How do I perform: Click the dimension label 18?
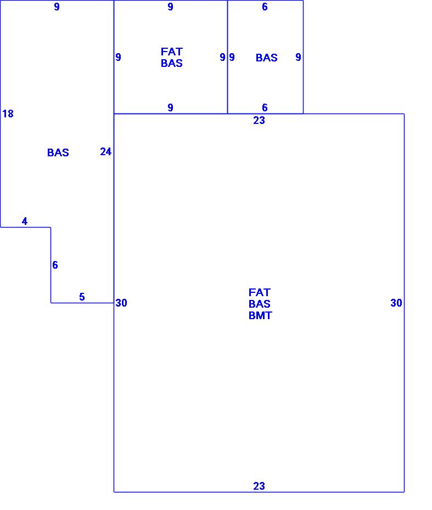[x=8, y=114]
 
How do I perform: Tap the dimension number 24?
[x=106, y=152]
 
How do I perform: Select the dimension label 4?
[x=25, y=222]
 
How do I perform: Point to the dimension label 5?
[x=82, y=297]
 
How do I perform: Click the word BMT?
[x=260, y=316]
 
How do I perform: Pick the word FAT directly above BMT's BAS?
[x=260, y=293]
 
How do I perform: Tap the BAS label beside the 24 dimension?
[x=58, y=153]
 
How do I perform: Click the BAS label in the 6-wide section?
[x=267, y=58]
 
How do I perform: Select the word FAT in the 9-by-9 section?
[x=172, y=52]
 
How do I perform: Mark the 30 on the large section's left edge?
[x=121, y=303]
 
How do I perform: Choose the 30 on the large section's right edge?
[x=396, y=303]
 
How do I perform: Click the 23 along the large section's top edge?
[x=259, y=121]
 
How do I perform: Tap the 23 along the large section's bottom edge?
[x=259, y=486]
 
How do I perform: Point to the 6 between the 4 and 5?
[x=55, y=265]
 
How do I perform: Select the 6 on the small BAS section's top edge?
[x=265, y=7]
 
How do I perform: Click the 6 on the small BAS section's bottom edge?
[x=265, y=108]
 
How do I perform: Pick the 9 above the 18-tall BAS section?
[x=57, y=7]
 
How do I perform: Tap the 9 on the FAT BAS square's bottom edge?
[x=171, y=108]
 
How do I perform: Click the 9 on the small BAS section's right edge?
[x=298, y=58]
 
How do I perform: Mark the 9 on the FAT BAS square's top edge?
[x=171, y=7]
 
